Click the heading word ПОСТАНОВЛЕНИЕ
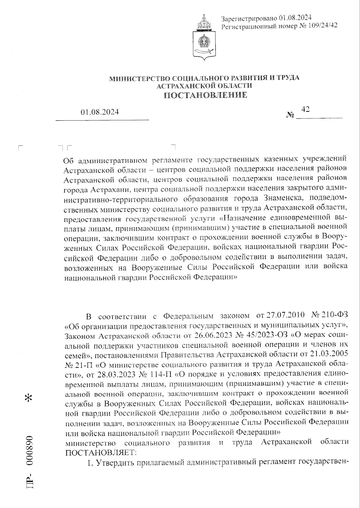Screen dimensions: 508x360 coord(205,95)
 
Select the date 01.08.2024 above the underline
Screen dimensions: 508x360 coord(100,112)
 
